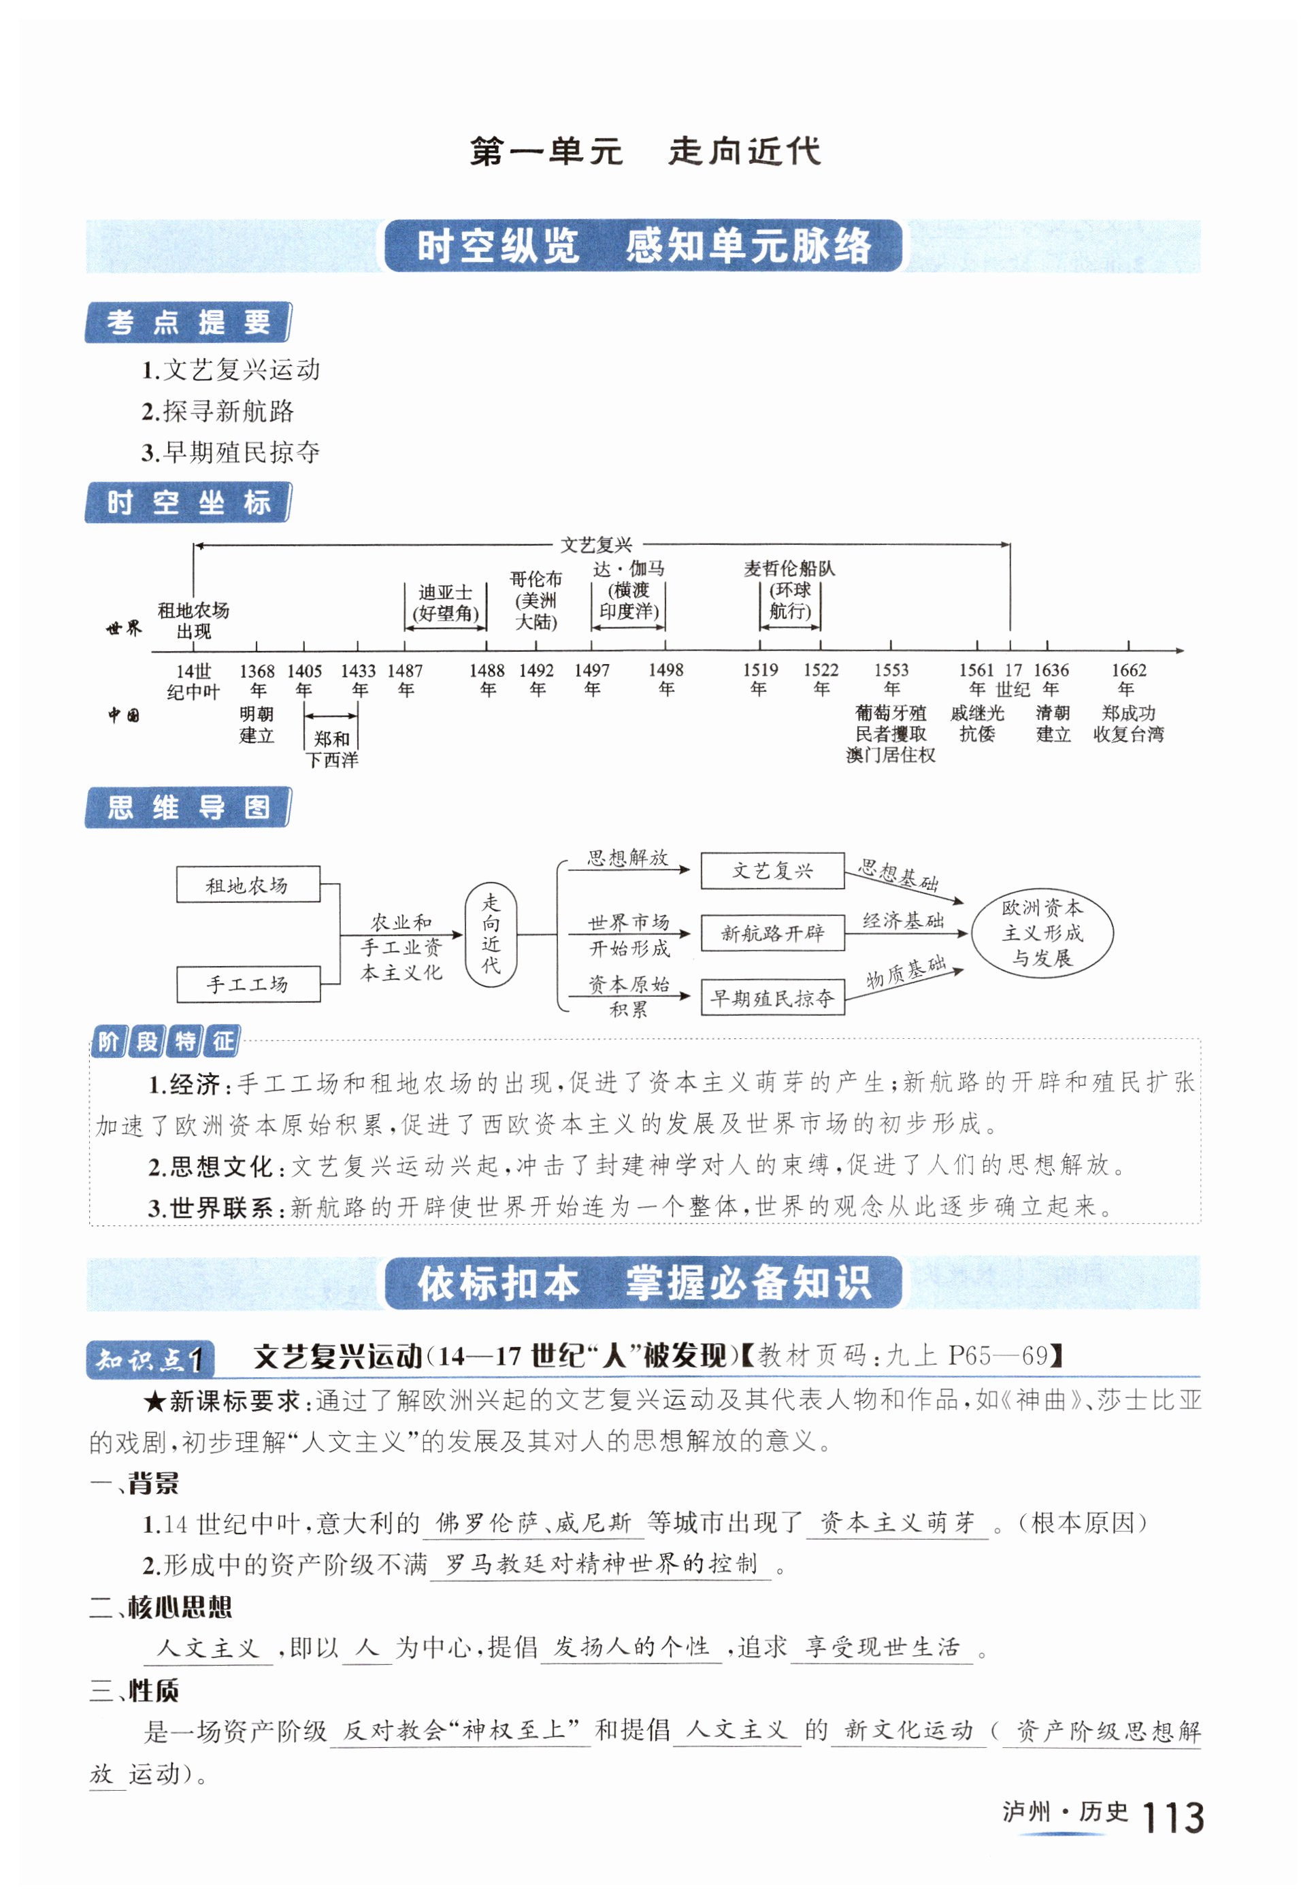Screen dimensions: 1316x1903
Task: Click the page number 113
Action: tap(1172, 1817)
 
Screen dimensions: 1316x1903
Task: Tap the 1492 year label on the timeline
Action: tap(536, 680)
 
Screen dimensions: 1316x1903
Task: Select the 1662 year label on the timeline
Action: tap(1128, 680)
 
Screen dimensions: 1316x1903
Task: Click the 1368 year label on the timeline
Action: tap(257, 680)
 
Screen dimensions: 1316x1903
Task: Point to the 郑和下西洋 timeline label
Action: tap(331, 748)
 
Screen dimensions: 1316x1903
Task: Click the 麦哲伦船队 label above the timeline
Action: tap(789, 568)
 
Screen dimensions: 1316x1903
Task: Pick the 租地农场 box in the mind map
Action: tap(248, 884)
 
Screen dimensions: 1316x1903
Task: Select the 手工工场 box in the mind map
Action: tap(248, 984)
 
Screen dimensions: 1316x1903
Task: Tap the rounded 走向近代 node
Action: tap(491, 933)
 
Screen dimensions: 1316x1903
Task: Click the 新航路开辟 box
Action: tap(772, 933)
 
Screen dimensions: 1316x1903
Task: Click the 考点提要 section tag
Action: tap(188, 322)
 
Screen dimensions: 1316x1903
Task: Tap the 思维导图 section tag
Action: tap(188, 807)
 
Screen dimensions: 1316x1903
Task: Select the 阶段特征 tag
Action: tap(165, 1042)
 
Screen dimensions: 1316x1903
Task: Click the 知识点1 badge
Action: tap(150, 1359)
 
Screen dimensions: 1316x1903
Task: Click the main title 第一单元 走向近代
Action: tap(645, 152)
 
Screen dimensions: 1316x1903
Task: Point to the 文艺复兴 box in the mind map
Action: tap(772, 871)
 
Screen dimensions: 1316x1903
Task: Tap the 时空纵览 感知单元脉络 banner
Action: tap(643, 246)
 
